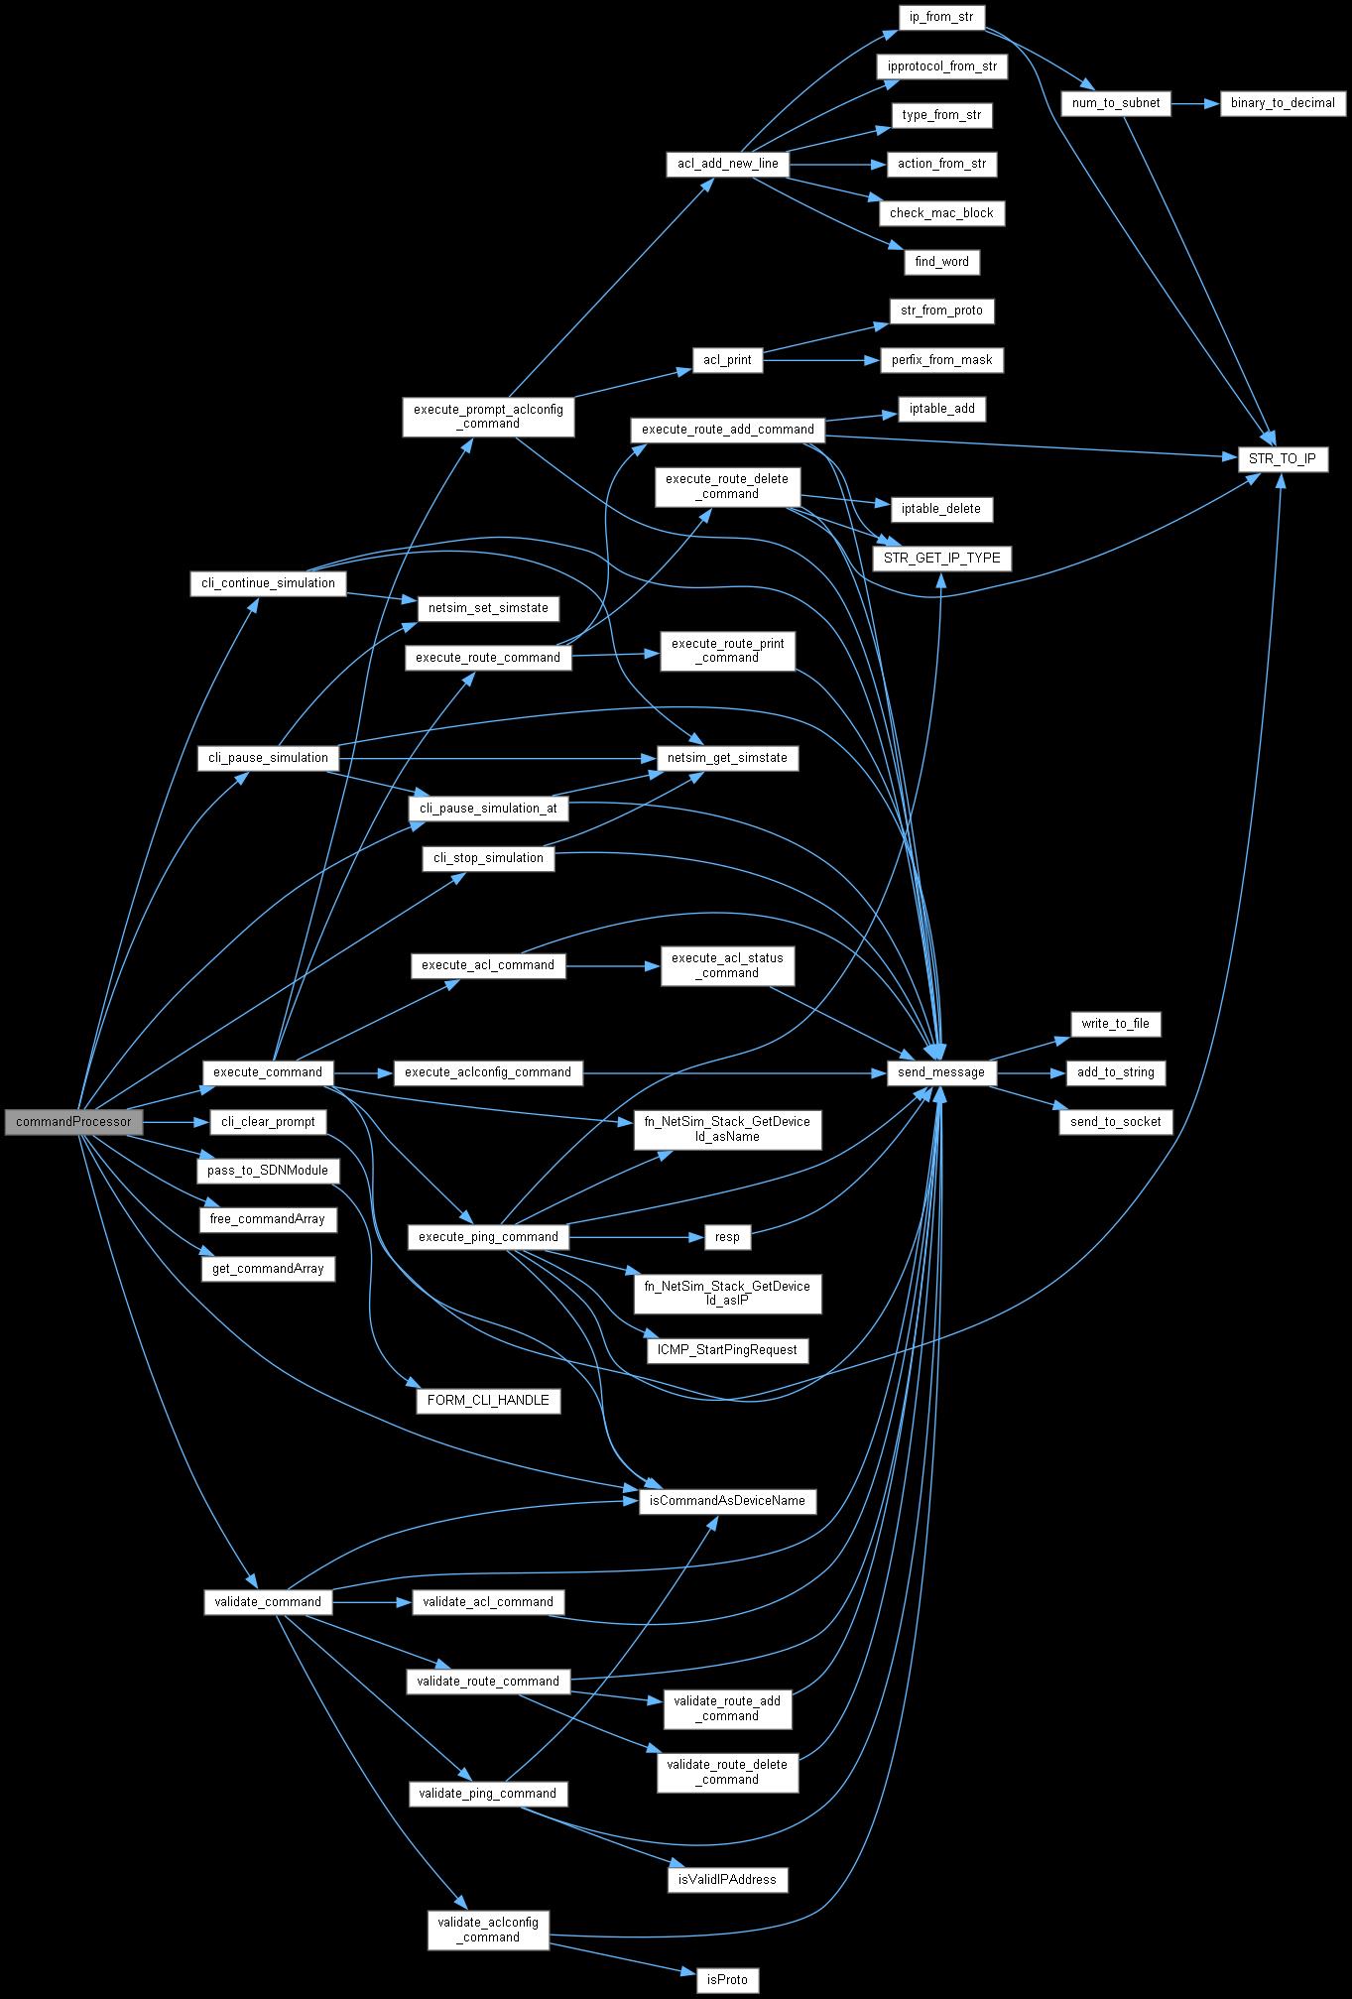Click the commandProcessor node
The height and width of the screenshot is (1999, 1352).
(x=73, y=1122)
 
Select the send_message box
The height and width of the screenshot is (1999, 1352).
(x=941, y=1072)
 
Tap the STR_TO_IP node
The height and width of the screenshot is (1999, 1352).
(x=1282, y=458)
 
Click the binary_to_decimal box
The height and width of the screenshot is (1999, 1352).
(x=1282, y=103)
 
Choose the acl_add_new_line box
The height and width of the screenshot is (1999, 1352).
(x=727, y=164)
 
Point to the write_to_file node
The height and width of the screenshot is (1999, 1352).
(x=1116, y=1024)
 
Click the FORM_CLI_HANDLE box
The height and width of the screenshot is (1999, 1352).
(x=488, y=1401)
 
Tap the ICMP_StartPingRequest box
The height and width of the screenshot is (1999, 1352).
(x=727, y=1350)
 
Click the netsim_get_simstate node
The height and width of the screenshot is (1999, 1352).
(x=727, y=758)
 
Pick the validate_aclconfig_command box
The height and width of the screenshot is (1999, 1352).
(x=489, y=1930)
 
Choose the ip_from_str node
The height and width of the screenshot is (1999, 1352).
(x=941, y=17)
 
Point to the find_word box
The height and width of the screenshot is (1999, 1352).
(x=941, y=262)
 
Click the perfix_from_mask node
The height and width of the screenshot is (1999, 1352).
(x=941, y=360)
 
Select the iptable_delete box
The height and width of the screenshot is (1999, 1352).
(x=941, y=509)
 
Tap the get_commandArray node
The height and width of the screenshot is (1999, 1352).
(x=268, y=1269)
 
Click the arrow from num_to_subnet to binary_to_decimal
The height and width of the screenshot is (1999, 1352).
(x=1195, y=103)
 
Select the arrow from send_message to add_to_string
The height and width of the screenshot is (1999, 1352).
(x=1031, y=1072)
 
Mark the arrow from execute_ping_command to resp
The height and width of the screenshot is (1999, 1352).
(x=636, y=1237)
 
